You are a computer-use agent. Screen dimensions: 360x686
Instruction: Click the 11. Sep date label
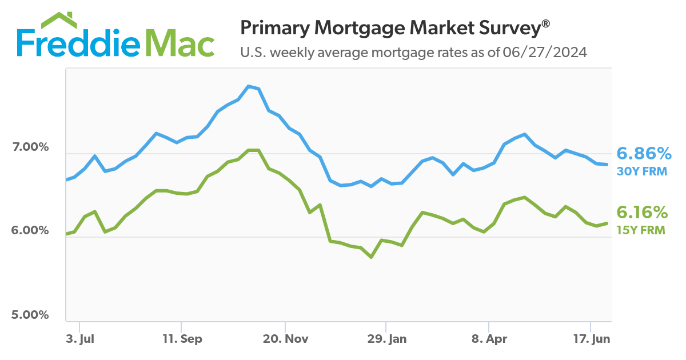182,339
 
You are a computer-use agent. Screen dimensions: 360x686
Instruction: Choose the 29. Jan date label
387,339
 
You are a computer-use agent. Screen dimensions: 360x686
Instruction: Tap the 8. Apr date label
489,339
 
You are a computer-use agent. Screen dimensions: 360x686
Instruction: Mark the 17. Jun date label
591,339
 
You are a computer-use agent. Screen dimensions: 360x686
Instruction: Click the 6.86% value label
643,153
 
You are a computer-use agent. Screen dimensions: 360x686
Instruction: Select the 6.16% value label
643,213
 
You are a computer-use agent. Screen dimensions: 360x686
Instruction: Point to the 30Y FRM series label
641,171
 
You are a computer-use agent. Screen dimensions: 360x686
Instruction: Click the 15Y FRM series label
641,230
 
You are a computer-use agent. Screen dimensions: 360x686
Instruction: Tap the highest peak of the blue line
249,86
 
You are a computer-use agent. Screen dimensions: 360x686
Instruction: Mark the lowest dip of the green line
371,257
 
